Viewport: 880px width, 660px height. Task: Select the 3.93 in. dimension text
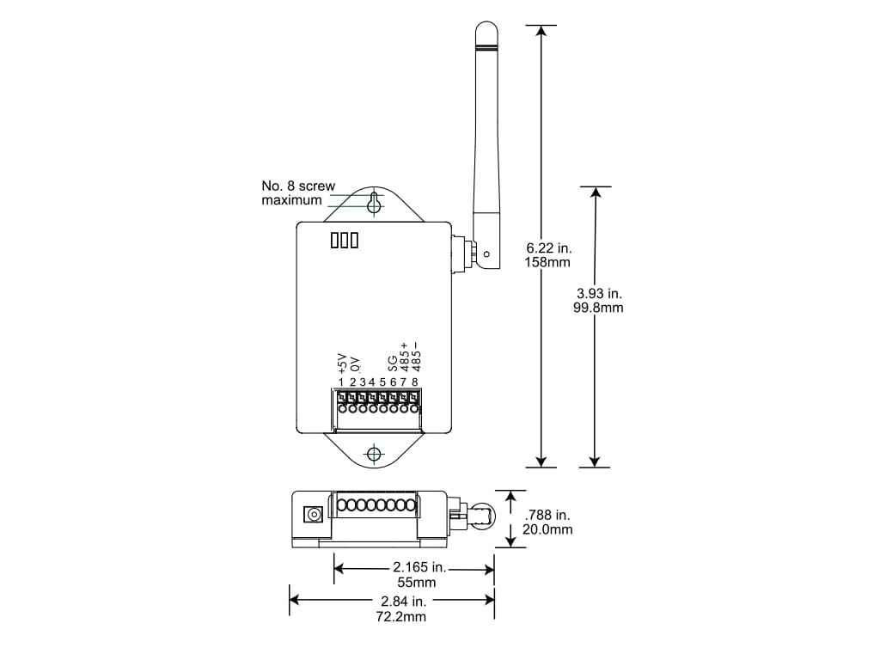(x=600, y=293)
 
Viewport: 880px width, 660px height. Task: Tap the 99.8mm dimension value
(x=600, y=308)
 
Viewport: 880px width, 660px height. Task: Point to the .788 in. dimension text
(x=547, y=515)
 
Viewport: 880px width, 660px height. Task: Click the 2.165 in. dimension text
(x=419, y=567)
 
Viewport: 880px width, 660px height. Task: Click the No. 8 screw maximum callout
(x=296, y=192)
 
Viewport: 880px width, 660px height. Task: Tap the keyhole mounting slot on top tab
(x=374, y=203)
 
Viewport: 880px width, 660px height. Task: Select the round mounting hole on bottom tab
(x=374, y=454)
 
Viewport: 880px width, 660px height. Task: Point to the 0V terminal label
(x=353, y=364)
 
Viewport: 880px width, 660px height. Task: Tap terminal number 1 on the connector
(x=341, y=382)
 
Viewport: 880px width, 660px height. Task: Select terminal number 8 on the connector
(x=415, y=382)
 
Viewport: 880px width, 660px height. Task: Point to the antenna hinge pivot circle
(x=486, y=254)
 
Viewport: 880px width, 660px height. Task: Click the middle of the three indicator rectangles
(x=344, y=241)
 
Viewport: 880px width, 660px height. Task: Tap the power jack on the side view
(x=314, y=515)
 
